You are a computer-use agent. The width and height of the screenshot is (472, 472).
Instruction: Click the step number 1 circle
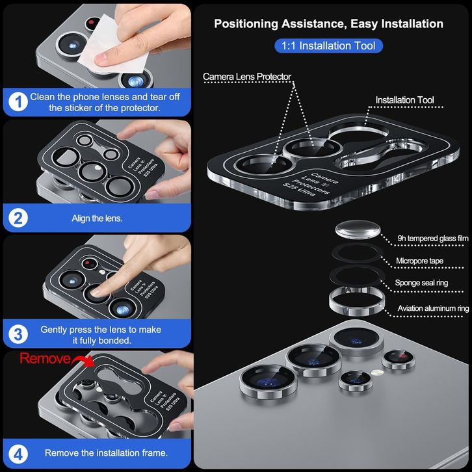18,101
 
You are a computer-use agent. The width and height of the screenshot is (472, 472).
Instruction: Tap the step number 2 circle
18,218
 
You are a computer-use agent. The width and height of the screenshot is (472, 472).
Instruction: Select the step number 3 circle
18,334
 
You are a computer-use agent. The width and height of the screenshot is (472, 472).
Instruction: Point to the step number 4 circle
18,454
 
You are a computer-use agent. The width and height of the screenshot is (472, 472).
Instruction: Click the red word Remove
45,358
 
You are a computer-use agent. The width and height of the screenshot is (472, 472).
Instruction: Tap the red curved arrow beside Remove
83,360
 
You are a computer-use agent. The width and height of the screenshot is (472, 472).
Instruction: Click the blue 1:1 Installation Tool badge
328,46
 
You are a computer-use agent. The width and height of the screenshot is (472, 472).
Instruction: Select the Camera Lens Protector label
247,77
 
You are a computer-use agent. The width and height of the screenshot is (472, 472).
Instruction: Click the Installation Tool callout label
404,100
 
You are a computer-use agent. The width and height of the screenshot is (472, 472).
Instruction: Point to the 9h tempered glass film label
433,239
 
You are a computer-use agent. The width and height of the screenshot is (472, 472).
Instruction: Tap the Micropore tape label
419,261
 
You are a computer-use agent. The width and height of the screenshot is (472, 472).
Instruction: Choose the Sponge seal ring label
421,283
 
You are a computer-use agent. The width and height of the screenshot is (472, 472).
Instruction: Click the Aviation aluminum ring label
433,308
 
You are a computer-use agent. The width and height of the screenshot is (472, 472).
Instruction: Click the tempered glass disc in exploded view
358,229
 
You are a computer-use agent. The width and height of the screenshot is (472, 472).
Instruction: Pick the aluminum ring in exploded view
357,310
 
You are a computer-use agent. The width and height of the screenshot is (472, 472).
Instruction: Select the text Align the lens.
97,218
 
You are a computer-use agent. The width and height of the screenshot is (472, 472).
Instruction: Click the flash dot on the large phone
378,373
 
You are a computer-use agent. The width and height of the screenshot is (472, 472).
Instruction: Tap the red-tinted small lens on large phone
399,360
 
